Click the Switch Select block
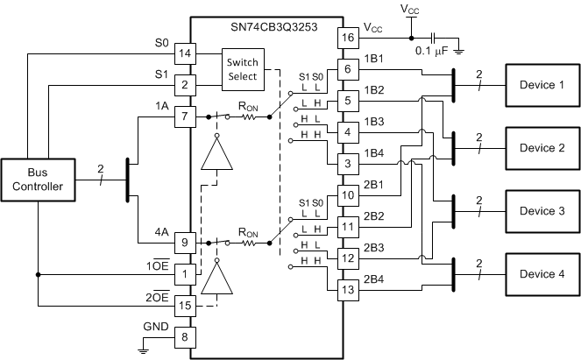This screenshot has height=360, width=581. (242, 69)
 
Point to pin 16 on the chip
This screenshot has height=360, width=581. (348, 38)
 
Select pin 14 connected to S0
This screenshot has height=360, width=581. (185, 53)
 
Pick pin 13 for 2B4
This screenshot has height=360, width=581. (348, 290)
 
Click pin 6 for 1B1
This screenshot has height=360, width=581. (348, 69)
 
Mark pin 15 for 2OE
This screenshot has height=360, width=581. (185, 306)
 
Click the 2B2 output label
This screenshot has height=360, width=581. (375, 215)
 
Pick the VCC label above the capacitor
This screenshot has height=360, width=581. (410, 9)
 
